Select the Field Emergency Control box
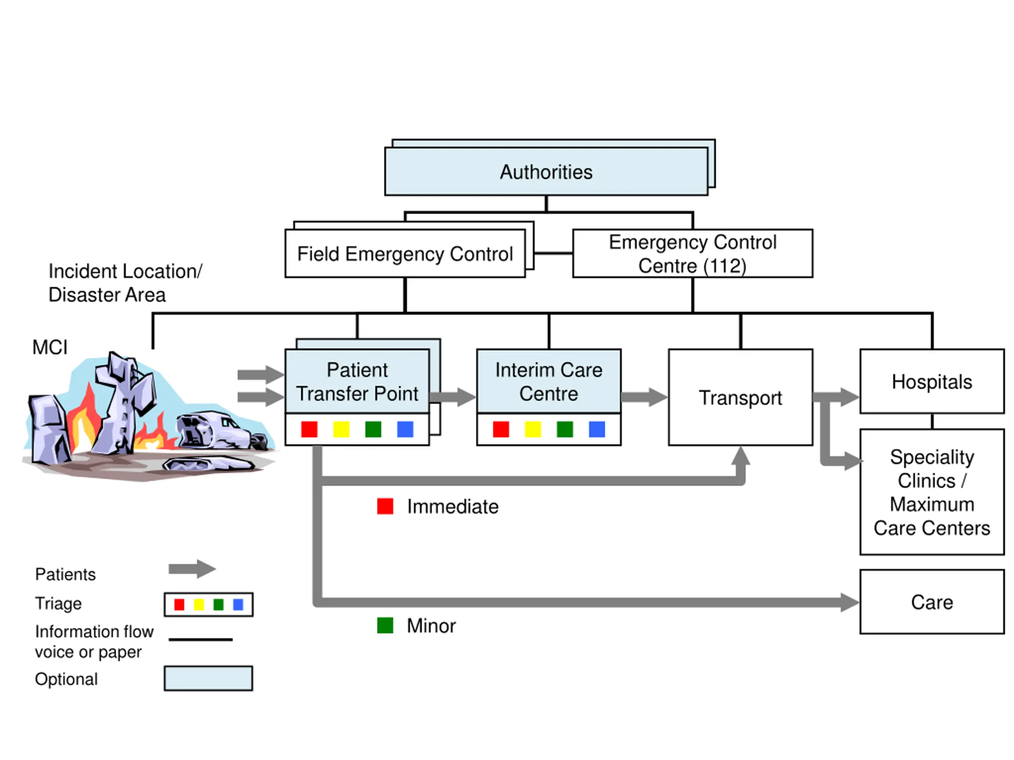405,253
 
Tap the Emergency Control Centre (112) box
693,253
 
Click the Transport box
741,397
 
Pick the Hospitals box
932,381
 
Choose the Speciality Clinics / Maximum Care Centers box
932,492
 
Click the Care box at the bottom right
932,602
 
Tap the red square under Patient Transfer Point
309,429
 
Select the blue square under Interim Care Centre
597,429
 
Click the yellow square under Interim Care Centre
533,429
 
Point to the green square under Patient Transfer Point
373,429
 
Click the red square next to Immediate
385,506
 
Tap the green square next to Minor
385,625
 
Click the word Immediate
452,507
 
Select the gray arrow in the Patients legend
192,569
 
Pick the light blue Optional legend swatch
208,678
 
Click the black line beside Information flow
201,640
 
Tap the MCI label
50,347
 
